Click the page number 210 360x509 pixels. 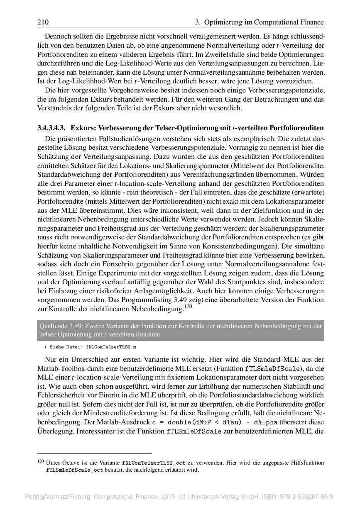(x=43, y=22)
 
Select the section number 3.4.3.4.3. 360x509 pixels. (x=51, y=127)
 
